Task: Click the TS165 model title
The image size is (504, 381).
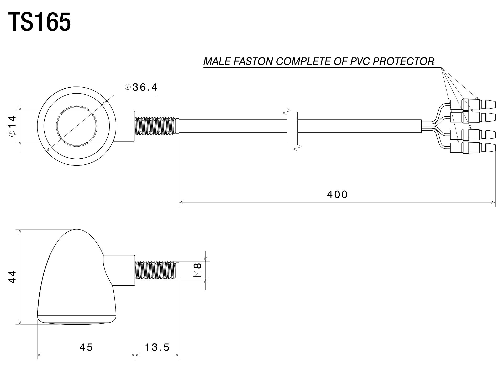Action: click(x=40, y=22)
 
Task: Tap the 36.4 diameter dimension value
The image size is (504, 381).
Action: click(x=145, y=87)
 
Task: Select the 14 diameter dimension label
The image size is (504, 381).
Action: click(x=12, y=126)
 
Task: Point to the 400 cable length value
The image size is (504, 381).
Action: click(x=337, y=194)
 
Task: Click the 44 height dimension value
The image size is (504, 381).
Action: click(x=12, y=277)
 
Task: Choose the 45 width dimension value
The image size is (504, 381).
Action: click(x=86, y=347)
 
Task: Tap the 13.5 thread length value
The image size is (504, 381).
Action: click(x=157, y=347)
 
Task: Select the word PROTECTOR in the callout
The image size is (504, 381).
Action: click(x=404, y=61)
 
